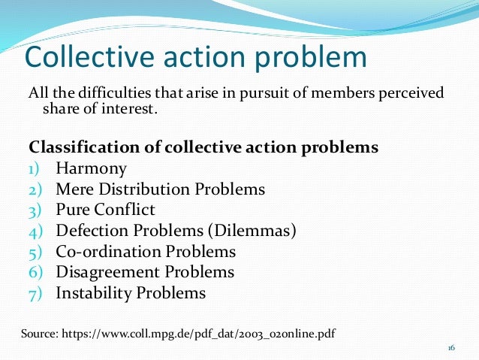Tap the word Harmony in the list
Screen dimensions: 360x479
pos(91,168)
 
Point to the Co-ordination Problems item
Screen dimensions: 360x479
pos(146,252)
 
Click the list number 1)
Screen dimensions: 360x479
pos(35,168)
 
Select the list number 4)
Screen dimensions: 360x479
pos(35,231)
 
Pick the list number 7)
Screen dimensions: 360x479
pos(35,293)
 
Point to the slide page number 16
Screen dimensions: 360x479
pos(451,348)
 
